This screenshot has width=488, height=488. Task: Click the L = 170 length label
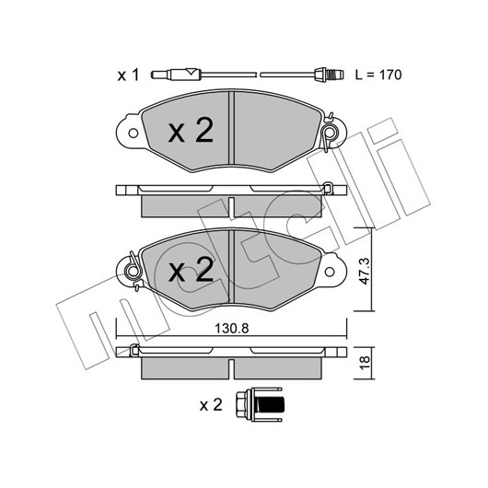tap(378, 75)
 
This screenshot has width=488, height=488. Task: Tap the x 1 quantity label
tap(128, 76)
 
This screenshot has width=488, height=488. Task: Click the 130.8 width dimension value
tap(232, 329)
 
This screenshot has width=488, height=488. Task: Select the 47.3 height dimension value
tap(364, 271)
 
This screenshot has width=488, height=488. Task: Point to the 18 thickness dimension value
tap(365, 363)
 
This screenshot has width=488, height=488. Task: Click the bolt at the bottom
tap(259, 404)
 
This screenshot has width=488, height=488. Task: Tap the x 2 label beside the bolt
tap(211, 405)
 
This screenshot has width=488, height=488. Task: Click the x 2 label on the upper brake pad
tap(191, 131)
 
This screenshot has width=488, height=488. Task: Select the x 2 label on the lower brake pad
tap(191, 269)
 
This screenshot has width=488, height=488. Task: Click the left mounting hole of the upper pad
tap(134, 134)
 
